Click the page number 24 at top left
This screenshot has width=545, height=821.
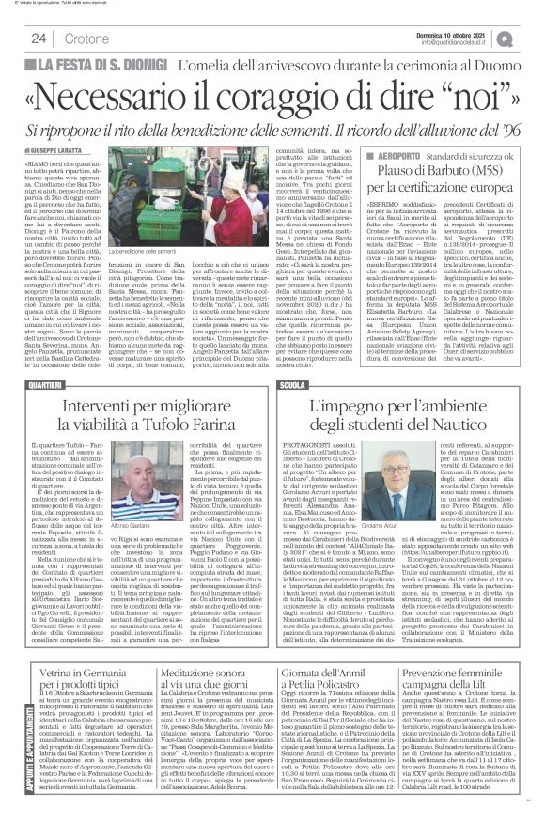[x=39, y=37]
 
